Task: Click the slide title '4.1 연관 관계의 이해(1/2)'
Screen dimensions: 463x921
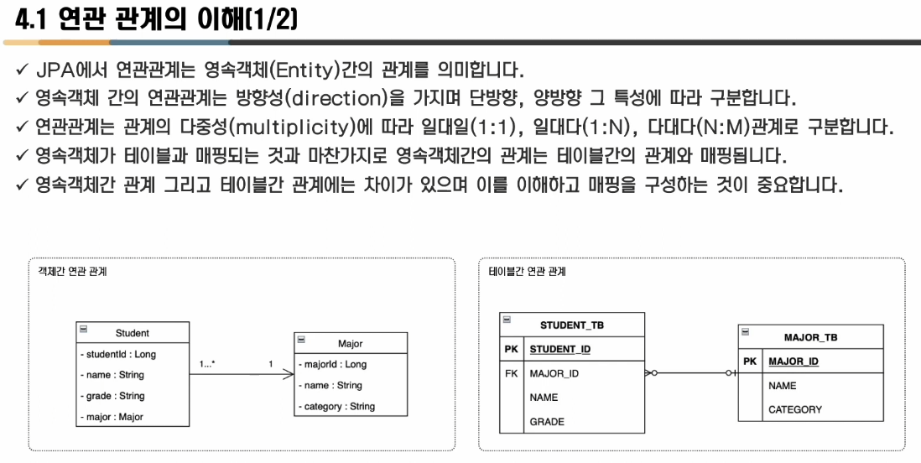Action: click(x=151, y=19)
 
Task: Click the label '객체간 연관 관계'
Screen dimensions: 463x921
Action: click(x=72, y=272)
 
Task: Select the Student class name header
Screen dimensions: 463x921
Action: click(x=132, y=333)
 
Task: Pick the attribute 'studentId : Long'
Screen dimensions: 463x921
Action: click(x=118, y=355)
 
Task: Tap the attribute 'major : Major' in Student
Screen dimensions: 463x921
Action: click(x=112, y=417)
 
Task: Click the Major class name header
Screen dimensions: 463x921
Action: click(x=351, y=344)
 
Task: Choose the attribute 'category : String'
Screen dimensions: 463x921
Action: click(x=337, y=407)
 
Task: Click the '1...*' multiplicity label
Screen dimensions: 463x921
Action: click(x=207, y=364)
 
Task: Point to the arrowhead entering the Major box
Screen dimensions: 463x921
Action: click(x=289, y=374)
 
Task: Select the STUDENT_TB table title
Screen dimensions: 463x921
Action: click(x=572, y=325)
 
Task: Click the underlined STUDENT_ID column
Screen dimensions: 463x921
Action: click(x=559, y=349)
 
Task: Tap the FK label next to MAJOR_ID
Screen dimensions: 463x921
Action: click(x=512, y=373)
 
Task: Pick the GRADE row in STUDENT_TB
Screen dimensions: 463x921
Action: click(x=547, y=422)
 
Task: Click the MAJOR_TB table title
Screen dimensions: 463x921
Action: click(x=810, y=337)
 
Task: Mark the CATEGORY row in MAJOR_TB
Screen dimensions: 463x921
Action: click(x=795, y=410)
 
